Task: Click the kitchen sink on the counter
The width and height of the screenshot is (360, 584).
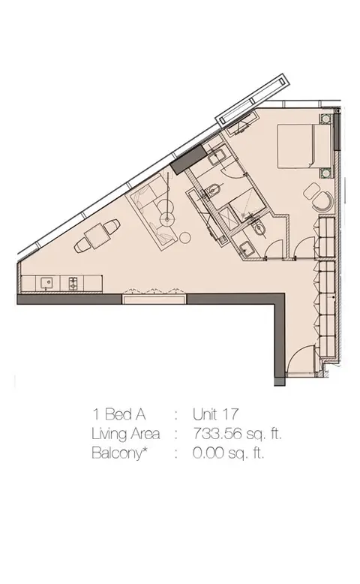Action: point(47,284)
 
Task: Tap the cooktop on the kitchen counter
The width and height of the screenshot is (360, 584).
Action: point(73,284)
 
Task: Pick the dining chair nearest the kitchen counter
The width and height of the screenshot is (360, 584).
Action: point(82,246)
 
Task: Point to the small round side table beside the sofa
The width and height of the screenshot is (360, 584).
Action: point(184,236)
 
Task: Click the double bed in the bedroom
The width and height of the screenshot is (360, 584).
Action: point(304,146)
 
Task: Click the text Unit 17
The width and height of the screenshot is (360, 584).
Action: point(215,414)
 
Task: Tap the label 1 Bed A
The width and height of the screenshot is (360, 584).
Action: point(118,414)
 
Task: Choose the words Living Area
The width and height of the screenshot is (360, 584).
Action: point(126,435)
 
